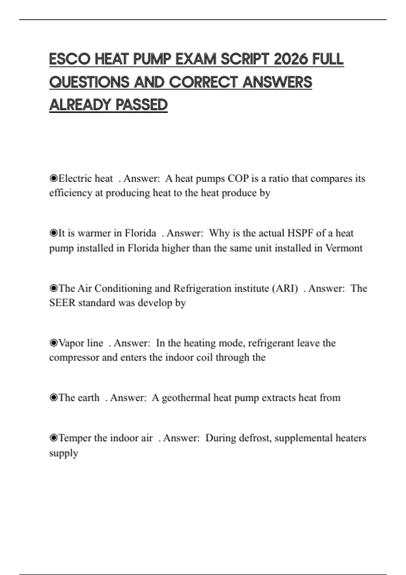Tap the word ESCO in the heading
pyautogui.click(x=69, y=59)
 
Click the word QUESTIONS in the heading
pyautogui.click(x=89, y=82)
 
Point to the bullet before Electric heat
pyautogui.click(x=53, y=178)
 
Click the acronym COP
pyautogui.click(x=238, y=178)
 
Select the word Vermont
pyautogui.click(x=344, y=248)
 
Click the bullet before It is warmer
pyautogui.click(x=53, y=233)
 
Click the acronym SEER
pyautogui.click(x=62, y=303)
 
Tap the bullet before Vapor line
pyautogui.click(x=53, y=343)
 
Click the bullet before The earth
pyautogui.click(x=53, y=398)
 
